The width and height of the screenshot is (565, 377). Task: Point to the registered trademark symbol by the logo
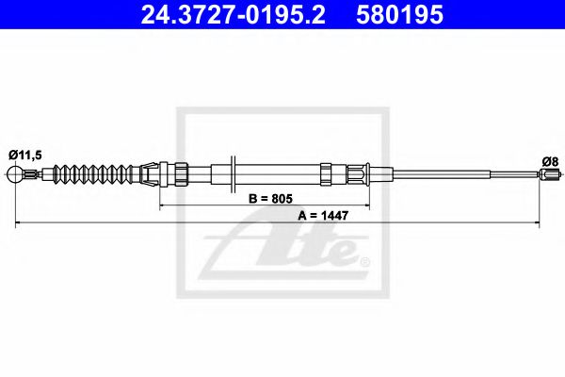tap(365, 260)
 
